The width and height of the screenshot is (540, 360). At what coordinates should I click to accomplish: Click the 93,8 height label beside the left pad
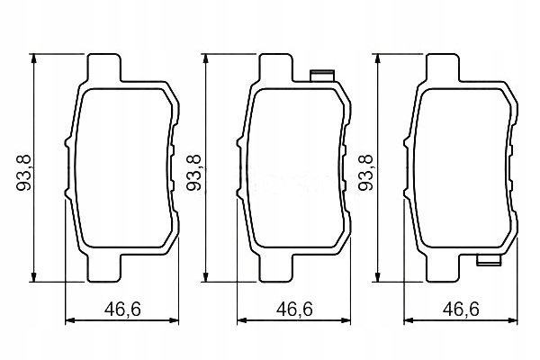coord(23,173)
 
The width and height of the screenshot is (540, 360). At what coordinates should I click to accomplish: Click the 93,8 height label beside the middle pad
coord(193,173)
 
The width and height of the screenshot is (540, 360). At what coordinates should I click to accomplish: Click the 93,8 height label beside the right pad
coord(365,173)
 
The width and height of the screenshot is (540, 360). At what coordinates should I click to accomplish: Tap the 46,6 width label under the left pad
coord(123,309)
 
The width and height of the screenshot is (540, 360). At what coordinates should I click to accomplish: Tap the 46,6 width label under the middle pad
coord(294,309)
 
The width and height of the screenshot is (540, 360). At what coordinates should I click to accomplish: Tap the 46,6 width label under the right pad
coord(461,309)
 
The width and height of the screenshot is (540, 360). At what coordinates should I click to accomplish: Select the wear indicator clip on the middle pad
coord(322,76)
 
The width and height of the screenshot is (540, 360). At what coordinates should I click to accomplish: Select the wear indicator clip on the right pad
coord(489,260)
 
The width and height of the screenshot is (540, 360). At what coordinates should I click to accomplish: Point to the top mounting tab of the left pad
coord(104,67)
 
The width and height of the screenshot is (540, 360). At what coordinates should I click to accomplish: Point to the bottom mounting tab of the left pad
coord(104,268)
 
